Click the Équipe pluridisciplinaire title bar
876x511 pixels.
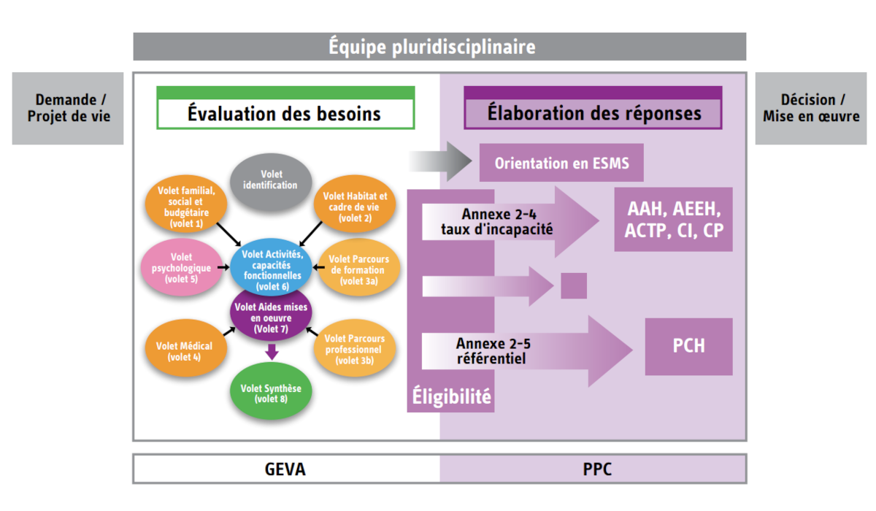pyautogui.click(x=439, y=47)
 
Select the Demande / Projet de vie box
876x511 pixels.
pyautogui.click(x=68, y=108)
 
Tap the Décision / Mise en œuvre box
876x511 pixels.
pyautogui.click(x=810, y=108)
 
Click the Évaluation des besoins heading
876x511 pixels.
pyautogui.click(x=285, y=114)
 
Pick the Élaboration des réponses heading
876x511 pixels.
pyautogui.click(x=593, y=114)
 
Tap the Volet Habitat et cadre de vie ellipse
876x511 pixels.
pyautogui.click(x=356, y=207)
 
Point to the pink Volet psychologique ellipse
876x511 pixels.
pyautogui.click(x=181, y=268)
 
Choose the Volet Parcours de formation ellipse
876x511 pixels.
pyautogui.click(x=358, y=269)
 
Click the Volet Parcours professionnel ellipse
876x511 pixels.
pyautogui.click(x=355, y=349)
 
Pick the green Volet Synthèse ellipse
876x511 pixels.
pyautogui.click(x=272, y=393)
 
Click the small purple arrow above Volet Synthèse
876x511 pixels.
pyautogui.click(x=272, y=352)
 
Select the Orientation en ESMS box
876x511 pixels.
pyautogui.click(x=561, y=163)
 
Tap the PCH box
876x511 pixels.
pyautogui.click(x=688, y=346)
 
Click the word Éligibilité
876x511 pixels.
pyautogui.click(x=450, y=398)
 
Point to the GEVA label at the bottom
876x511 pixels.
pyautogui.click(x=285, y=469)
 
